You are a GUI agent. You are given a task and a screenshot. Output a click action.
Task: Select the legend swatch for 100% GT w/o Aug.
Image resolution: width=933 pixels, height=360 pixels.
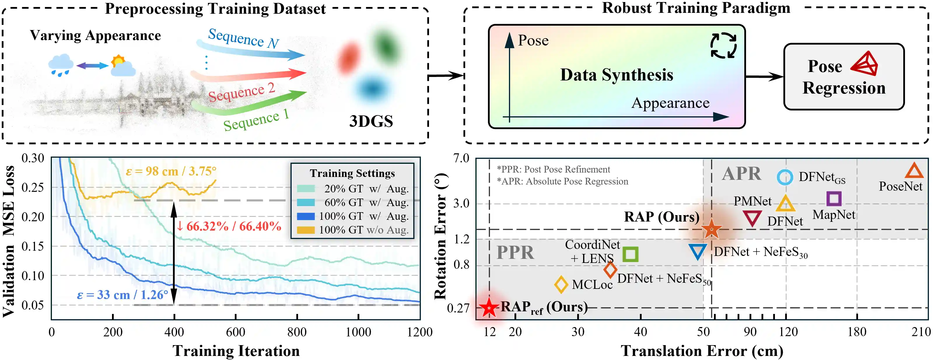pos(306,230)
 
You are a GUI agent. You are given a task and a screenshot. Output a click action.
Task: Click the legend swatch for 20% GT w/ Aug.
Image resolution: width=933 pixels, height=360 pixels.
pos(306,189)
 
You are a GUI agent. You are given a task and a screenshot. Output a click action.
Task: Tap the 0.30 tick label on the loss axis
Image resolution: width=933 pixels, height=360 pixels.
pos(33,158)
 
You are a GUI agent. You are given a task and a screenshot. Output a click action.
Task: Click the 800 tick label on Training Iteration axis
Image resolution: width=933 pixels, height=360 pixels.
pos(297,332)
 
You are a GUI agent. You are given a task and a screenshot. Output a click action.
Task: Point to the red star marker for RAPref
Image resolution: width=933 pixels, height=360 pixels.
pos(489,308)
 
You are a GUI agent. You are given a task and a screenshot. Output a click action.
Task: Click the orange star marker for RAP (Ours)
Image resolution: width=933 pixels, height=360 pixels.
pos(711,229)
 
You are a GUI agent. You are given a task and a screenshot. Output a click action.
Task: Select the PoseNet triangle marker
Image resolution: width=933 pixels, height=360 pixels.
pos(914,171)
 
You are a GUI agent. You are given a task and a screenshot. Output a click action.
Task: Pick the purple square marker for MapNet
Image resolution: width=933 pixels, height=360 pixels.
pos(834,199)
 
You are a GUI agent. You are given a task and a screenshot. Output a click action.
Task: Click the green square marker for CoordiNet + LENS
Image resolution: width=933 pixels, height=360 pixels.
pos(630,254)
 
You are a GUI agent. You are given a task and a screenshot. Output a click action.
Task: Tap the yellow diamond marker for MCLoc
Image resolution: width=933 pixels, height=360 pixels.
pos(561,284)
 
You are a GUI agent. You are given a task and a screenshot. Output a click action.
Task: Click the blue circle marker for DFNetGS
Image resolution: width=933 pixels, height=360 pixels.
pos(785,178)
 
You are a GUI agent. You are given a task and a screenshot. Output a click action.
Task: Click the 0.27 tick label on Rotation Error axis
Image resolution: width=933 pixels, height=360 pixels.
pos(458,308)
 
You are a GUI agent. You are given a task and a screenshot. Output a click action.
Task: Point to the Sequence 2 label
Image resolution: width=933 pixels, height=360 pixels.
pos(241,92)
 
